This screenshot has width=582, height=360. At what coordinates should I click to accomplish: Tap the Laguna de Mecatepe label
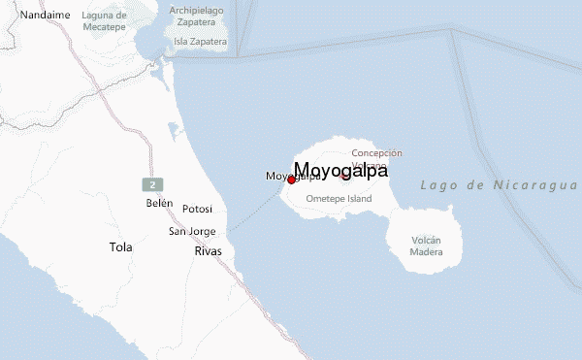(105, 21)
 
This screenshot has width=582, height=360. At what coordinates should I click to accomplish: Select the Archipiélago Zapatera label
(197, 16)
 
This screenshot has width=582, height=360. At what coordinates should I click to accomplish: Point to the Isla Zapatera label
(201, 42)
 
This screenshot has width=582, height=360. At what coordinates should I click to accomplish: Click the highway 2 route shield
(151, 184)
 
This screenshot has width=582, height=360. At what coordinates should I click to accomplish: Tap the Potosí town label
(197, 209)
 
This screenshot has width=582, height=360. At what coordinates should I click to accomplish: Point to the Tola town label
(120, 247)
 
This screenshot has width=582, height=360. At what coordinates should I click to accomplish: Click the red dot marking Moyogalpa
(291, 180)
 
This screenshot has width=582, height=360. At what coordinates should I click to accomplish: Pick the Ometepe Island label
(339, 198)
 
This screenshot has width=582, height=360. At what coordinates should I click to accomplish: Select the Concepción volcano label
(376, 153)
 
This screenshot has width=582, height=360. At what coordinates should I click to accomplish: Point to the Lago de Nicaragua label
(500, 184)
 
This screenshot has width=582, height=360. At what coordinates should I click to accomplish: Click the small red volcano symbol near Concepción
(344, 176)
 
